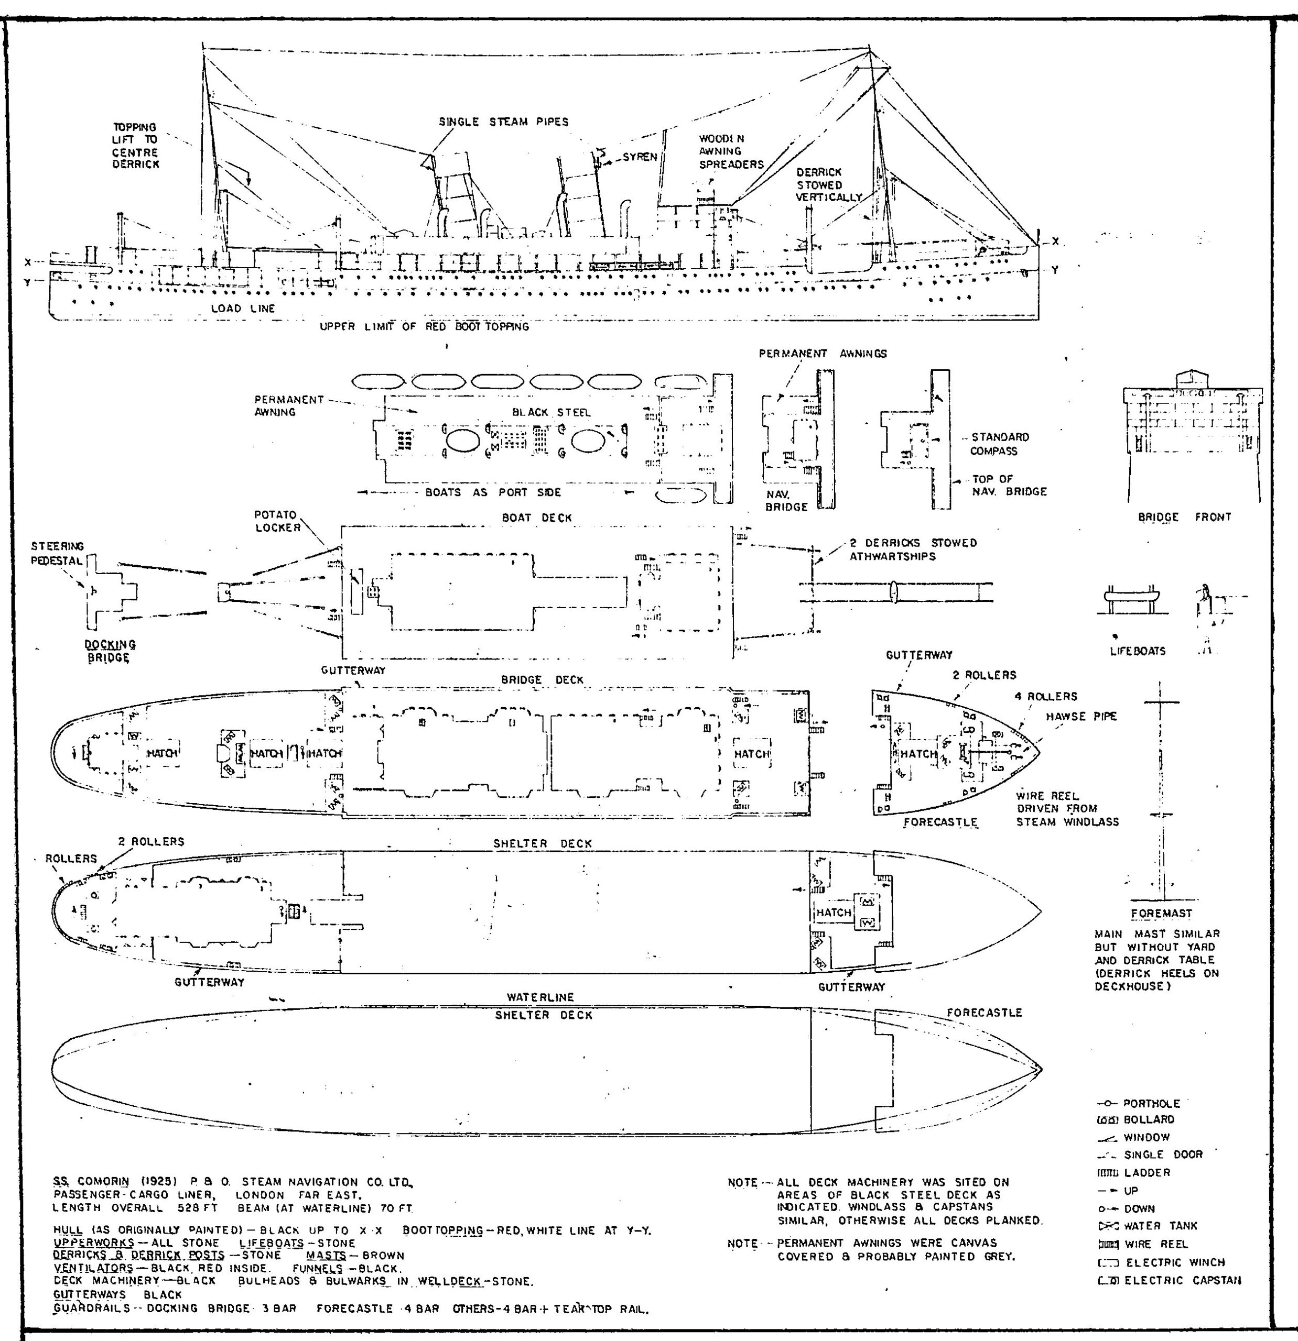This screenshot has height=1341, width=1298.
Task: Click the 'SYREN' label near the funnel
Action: [x=640, y=157]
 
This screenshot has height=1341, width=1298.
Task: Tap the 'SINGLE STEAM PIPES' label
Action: [x=503, y=122]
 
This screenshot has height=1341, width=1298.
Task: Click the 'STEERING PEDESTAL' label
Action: [x=58, y=554]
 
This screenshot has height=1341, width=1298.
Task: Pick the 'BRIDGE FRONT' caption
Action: [x=1184, y=517]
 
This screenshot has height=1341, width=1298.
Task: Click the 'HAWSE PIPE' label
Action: [x=1081, y=717]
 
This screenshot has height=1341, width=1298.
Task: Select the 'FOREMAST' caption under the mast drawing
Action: [x=1161, y=914]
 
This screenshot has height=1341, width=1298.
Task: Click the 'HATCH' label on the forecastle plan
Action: [x=918, y=753]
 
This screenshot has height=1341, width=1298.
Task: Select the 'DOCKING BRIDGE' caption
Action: [x=110, y=651]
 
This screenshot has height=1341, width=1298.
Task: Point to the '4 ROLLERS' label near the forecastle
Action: [x=1045, y=697]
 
